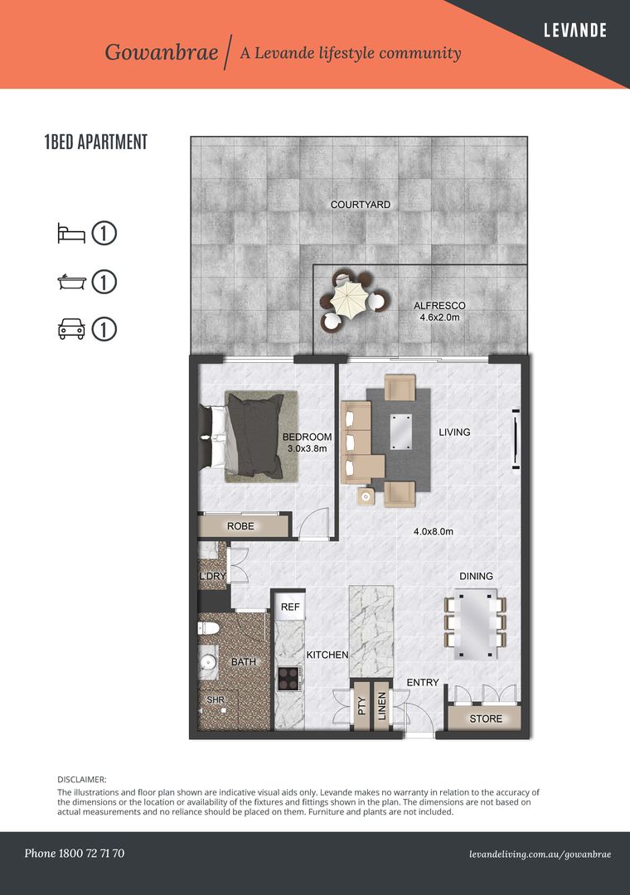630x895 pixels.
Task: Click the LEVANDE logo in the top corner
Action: (575, 31)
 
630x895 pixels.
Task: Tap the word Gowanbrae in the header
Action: (162, 52)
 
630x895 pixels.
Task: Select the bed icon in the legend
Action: (71, 234)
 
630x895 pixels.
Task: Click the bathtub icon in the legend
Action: (72, 282)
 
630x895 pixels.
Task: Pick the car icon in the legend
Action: (71, 329)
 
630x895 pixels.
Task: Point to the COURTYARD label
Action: (361, 205)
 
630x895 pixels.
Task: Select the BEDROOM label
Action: (307, 438)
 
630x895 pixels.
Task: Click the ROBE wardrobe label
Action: (240, 526)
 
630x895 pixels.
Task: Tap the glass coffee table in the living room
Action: (400, 432)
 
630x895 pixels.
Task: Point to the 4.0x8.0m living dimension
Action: (434, 531)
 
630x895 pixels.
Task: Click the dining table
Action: (475, 625)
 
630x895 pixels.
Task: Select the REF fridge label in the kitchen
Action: (290, 607)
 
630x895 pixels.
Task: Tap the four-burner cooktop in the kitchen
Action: (288, 680)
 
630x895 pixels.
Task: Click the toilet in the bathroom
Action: (208, 628)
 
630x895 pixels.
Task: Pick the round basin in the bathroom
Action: (208, 662)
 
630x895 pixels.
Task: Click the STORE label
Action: (486, 718)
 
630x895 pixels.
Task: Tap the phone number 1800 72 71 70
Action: (91, 854)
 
